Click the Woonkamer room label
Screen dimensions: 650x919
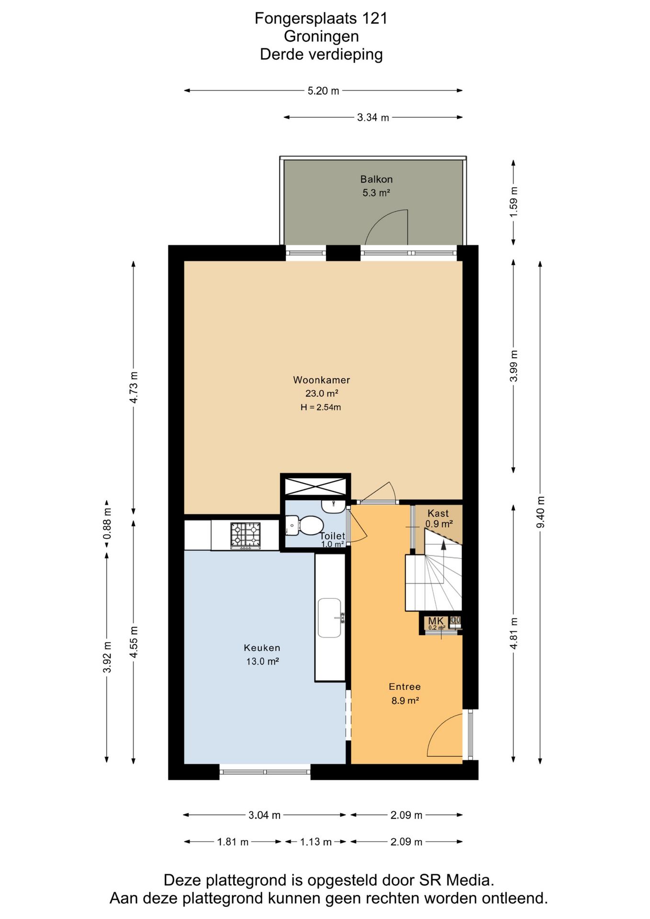click(x=321, y=380)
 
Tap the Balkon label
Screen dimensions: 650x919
click(x=376, y=179)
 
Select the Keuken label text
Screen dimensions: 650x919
click(x=262, y=648)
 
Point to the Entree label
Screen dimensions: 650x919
click(x=404, y=687)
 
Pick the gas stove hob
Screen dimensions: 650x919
click(x=246, y=536)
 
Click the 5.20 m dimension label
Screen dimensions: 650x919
click(x=323, y=91)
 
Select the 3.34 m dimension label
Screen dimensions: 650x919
click(x=373, y=118)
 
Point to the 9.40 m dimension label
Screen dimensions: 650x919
click(x=540, y=512)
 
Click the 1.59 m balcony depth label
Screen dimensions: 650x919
click(x=514, y=202)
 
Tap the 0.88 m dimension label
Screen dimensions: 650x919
click(x=107, y=523)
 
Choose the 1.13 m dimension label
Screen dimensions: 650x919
click(x=316, y=842)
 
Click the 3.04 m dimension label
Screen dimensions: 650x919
click(x=264, y=815)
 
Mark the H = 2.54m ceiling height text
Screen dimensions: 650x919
click(x=321, y=407)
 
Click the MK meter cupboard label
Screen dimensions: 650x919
click(x=436, y=621)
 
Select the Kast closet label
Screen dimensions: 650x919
click(x=438, y=513)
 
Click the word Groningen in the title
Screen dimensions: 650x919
click(x=321, y=36)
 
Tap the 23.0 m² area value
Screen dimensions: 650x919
click(x=322, y=393)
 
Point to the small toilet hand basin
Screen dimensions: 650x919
click(x=333, y=505)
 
